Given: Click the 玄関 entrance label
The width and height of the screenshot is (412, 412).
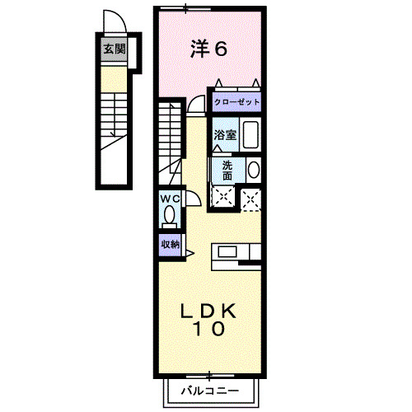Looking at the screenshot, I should click(x=114, y=49).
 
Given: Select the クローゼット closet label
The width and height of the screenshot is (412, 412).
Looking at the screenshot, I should click(x=236, y=102).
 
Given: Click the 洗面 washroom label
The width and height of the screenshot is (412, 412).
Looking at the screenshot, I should click(x=227, y=169).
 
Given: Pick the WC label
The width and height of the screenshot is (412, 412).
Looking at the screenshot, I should click(x=170, y=199).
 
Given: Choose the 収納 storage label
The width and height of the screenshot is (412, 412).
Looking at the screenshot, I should click(x=170, y=244).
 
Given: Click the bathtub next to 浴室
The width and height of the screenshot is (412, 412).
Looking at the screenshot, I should click(x=250, y=135).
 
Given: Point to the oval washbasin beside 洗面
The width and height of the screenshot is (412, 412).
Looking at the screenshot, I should click(x=253, y=170).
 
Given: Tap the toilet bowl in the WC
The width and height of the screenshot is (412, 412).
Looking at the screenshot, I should click(x=170, y=216).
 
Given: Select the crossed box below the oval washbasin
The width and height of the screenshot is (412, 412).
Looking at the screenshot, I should click(x=250, y=196).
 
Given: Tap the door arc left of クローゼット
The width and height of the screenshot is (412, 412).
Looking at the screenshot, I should click(x=197, y=103).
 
